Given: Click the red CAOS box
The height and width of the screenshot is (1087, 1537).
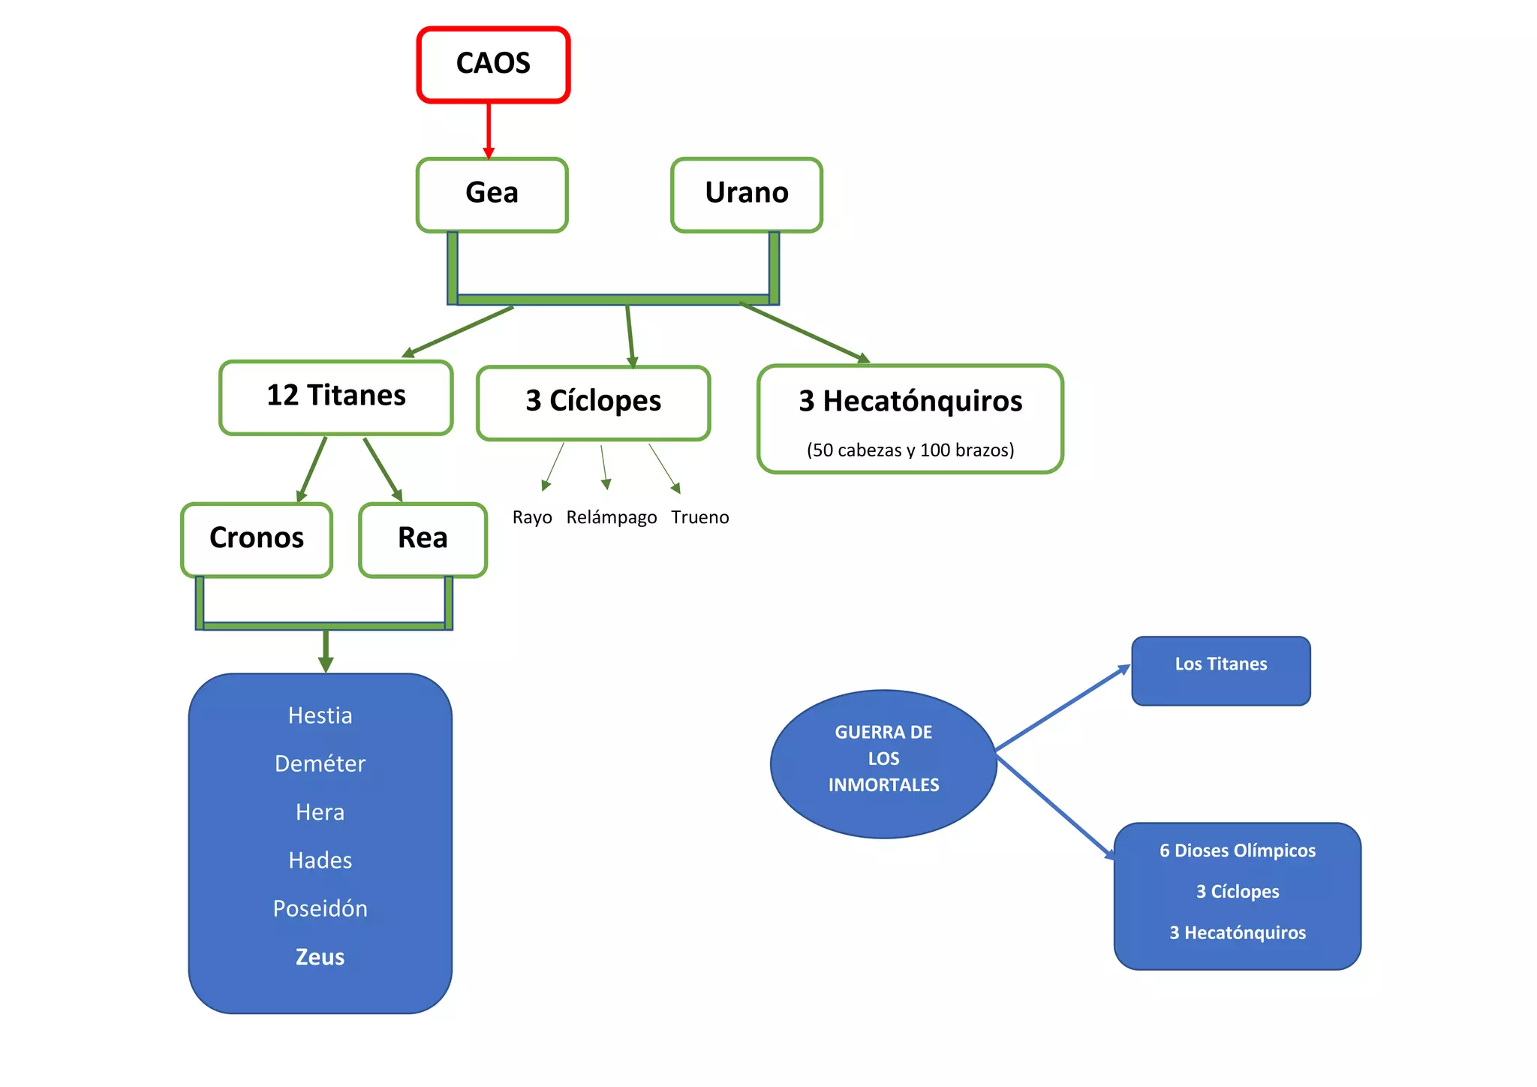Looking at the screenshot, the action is [x=493, y=65].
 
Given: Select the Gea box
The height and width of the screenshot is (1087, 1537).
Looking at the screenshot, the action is [x=492, y=194].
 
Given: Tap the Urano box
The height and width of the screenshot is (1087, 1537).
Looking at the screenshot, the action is [x=747, y=194].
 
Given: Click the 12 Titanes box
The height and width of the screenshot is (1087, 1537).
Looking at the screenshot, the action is [x=336, y=397].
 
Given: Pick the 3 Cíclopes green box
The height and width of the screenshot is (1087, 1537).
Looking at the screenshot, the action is [x=594, y=403].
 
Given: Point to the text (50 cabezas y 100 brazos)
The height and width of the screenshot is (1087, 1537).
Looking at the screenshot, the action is [x=910, y=450].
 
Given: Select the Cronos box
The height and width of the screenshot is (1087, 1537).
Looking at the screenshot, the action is [x=257, y=540].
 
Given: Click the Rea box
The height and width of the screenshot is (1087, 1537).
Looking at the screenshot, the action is [x=423, y=540].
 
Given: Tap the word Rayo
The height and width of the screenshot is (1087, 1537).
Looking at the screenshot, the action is [x=532, y=517].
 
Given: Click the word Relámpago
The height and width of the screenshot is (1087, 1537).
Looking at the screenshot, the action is [x=612, y=517].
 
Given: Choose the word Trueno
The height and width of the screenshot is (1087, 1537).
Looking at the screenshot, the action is [x=700, y=517].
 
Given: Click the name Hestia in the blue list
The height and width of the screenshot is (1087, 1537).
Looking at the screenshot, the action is [x=320, y=715].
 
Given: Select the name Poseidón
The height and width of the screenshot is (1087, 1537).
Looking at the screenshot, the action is [x=320, y=908].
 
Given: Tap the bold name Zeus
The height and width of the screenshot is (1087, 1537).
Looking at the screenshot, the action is [x=320, y=957].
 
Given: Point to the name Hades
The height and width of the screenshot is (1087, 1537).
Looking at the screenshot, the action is [x=320, y=860].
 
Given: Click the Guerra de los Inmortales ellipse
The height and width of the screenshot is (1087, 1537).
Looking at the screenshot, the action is [x=883, y=763].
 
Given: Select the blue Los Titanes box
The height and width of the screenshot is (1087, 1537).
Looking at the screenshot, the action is [x=1221, y=671].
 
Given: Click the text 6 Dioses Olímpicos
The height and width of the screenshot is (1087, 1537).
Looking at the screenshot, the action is [x=1238, y=851].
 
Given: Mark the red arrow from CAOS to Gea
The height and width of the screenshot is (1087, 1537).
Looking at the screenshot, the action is [x=489, y=131].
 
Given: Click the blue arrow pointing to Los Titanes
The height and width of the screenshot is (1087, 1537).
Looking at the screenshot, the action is [x=1063, y=708].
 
